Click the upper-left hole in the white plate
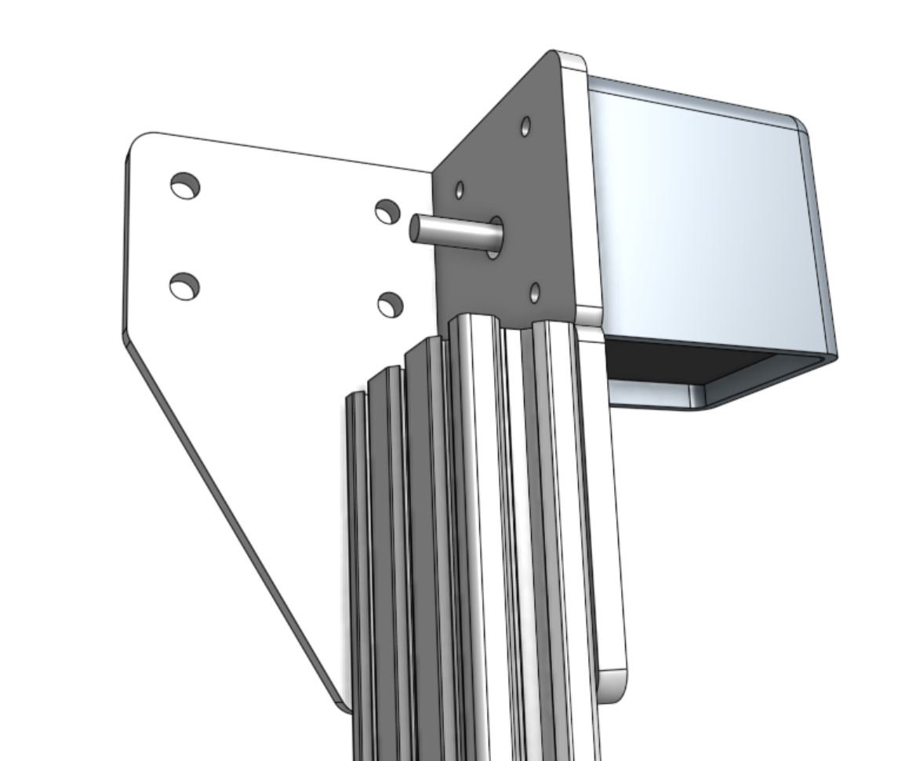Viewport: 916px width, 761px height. (x=185, y=186)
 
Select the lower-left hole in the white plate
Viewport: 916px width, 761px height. (x=184, y=286)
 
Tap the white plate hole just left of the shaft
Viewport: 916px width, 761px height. (x=387, y=211)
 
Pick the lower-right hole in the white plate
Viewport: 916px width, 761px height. (x=390, y=304)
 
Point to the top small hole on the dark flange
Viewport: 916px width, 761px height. (x=525, y=126)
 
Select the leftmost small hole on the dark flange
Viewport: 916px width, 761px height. (x=460, y=190)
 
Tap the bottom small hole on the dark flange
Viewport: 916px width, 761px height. (x=535, y=293)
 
